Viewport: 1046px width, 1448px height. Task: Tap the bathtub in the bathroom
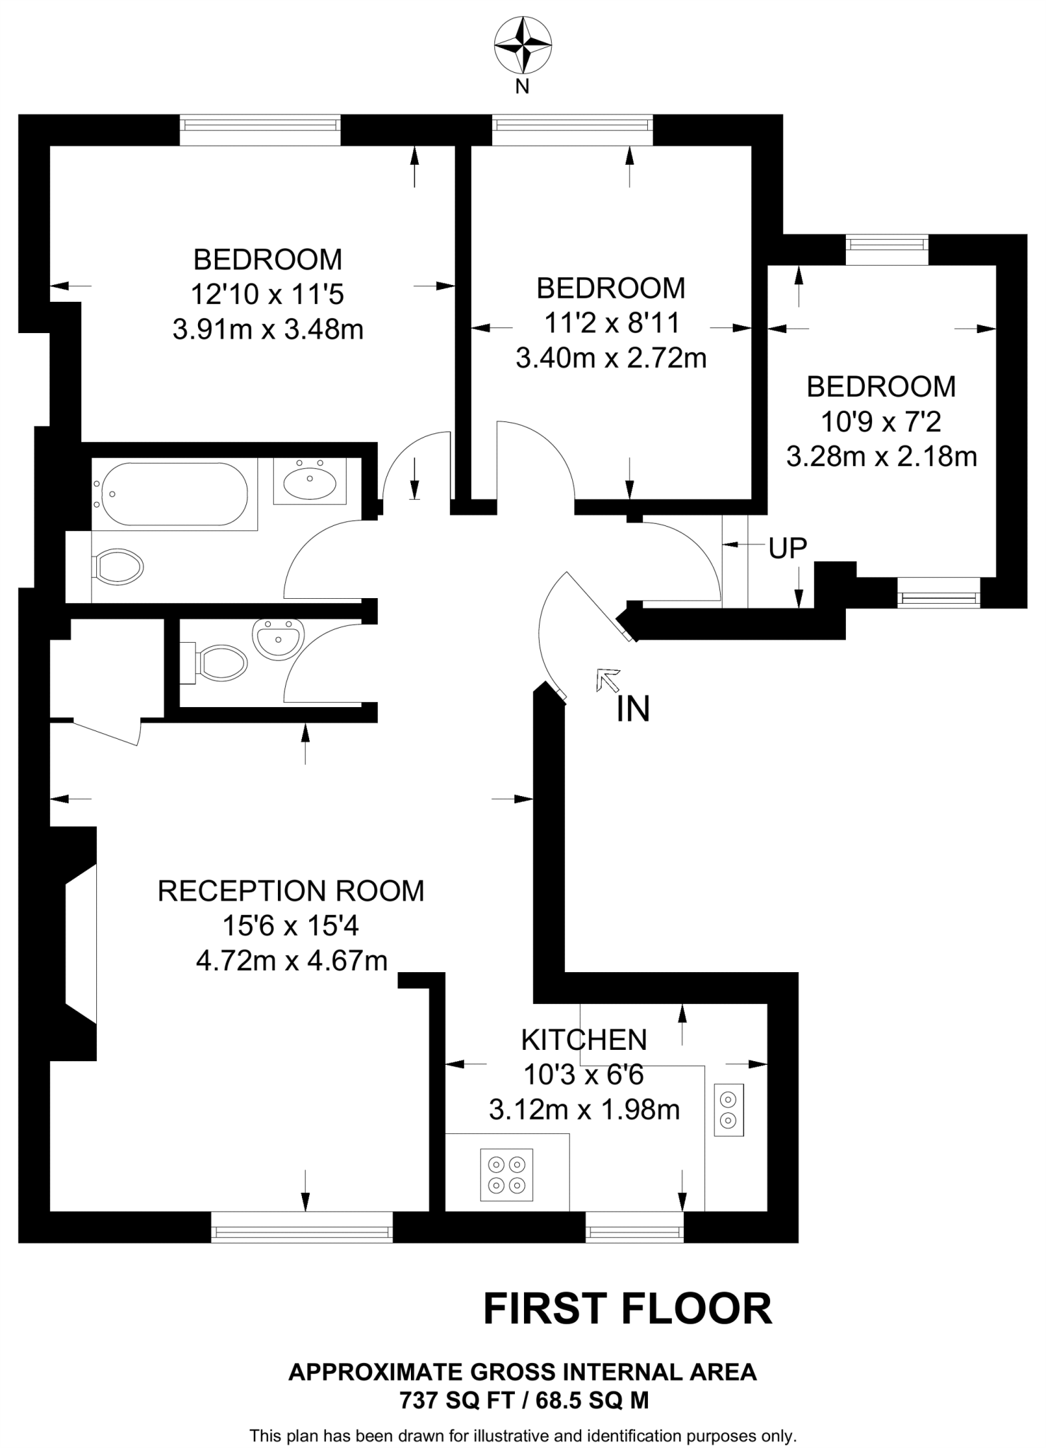tap(174, 494)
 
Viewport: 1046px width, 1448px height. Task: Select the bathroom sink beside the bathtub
tap(310, 482)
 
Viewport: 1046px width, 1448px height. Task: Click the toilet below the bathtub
tap(119, 567)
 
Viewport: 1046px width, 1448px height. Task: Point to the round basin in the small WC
tap(278, 639)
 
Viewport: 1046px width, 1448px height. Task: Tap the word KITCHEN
tap(584, 1039)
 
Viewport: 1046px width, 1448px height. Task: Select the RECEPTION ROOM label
tap(291, 891)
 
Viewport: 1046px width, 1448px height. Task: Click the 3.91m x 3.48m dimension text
tap(268, 329)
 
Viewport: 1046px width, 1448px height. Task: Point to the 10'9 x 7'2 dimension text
tap(881, 422)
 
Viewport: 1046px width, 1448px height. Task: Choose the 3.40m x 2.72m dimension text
tap(611, 358)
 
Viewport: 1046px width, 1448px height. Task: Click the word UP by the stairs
tap(788, 548)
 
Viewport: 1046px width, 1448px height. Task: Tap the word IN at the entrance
tap(633, 709)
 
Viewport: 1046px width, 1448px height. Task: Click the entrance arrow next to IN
tap(608, 679)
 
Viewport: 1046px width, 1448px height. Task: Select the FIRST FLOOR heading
tap(627, 1309)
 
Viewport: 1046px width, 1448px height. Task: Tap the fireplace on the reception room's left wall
tap(79, 943)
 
